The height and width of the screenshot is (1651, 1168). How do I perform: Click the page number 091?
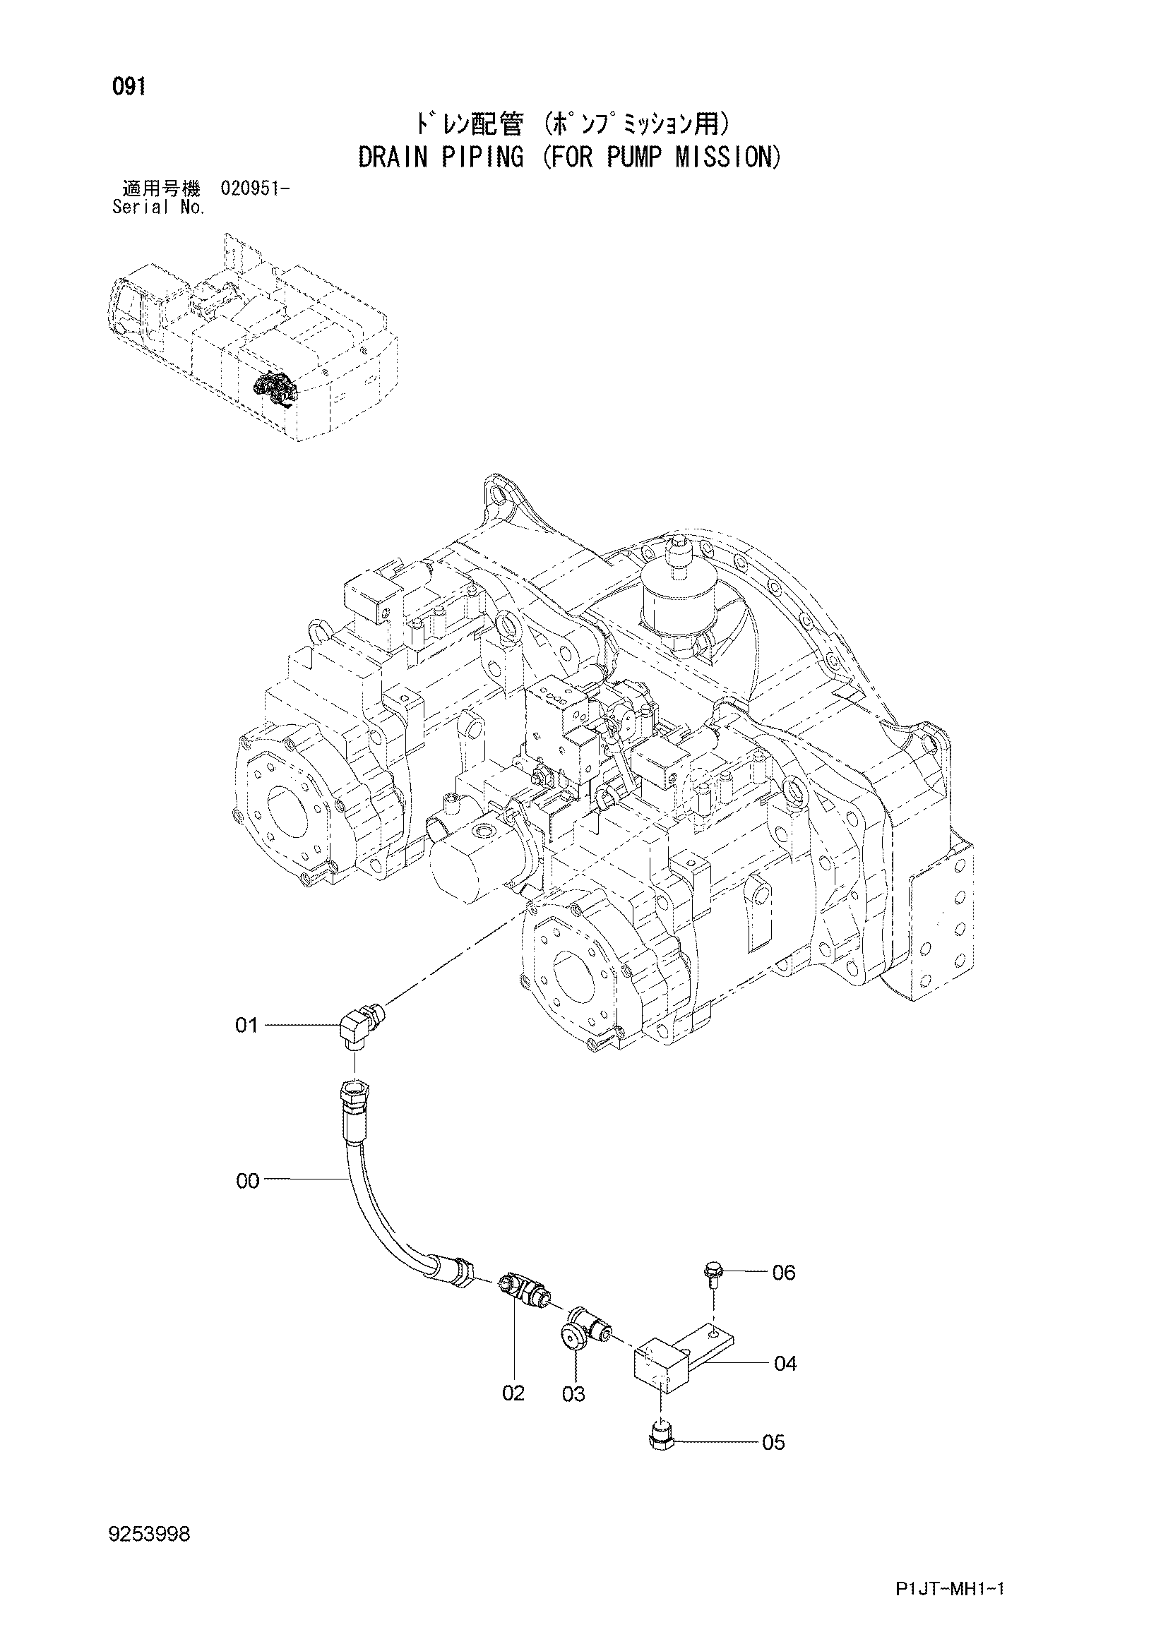coord(129,88)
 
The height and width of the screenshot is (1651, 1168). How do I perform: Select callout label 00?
coord(247,1182)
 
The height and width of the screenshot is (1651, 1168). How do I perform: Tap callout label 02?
coord(513,1393)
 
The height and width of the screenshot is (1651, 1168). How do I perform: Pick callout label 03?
coord(573,1394)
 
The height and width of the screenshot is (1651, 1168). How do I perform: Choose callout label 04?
coord(785,1364)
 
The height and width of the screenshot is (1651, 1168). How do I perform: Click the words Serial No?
coord(160,208)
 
